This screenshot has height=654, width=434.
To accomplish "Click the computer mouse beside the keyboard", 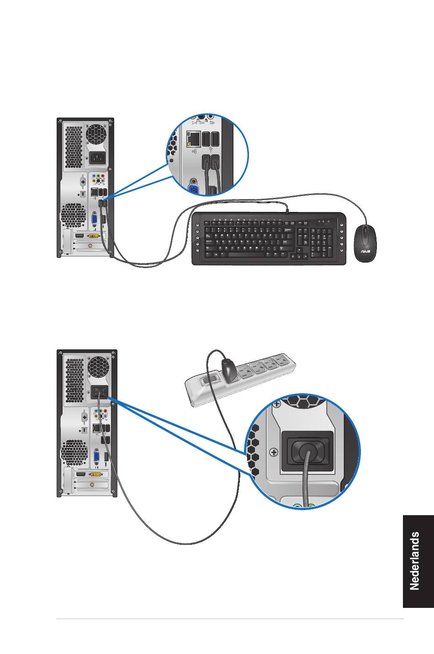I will (365, 243).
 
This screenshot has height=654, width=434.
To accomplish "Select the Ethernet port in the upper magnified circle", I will (194, 138).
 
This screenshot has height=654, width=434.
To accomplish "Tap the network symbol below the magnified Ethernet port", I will (194, 153).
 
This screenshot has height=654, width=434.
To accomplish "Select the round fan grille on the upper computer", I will (97, 135).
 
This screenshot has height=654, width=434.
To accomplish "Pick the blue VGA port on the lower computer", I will (97, 458).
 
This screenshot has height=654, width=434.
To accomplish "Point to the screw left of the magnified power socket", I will (274, 452).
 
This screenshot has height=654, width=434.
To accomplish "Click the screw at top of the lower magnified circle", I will (276, 404).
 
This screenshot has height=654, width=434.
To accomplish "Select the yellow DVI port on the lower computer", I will (95, 475).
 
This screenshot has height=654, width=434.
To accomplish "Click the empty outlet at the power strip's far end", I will (283, 361).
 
